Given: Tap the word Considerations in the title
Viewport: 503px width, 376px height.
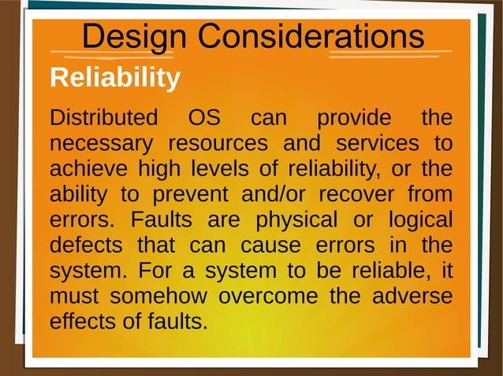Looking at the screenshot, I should click(311, 36).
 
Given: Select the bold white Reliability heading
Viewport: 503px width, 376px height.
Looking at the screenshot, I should click(115, 79).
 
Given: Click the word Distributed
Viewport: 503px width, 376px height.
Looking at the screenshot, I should click(103, 119).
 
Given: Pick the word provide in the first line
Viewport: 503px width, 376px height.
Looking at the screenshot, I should click(353, 119).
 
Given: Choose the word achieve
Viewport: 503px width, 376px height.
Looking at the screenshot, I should click(89, 169).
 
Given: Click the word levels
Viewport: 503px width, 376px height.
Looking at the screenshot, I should click(217, 169).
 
